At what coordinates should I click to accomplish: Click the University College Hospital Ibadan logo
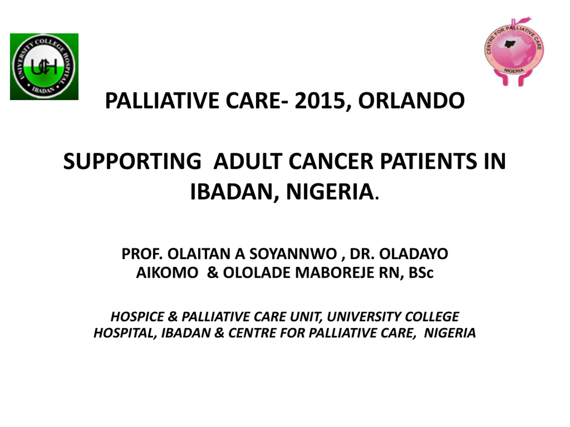tap(44, 67)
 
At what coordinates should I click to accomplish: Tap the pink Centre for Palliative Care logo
tap(514, 51)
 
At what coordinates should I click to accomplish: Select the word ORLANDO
tap(411, 101)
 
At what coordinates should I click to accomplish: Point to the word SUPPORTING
tap(132, 161)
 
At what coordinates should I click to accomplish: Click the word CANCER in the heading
tap(331, 161)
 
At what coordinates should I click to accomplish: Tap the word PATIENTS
tap(429, 161)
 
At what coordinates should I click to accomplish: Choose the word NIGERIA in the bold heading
tap(330, 192)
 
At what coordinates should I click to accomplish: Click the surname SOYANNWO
tap(293, 254)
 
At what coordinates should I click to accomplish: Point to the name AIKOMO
tap(167, 273)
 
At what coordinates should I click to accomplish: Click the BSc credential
tap(421, 273)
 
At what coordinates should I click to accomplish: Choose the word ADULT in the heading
tap(248, 161)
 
